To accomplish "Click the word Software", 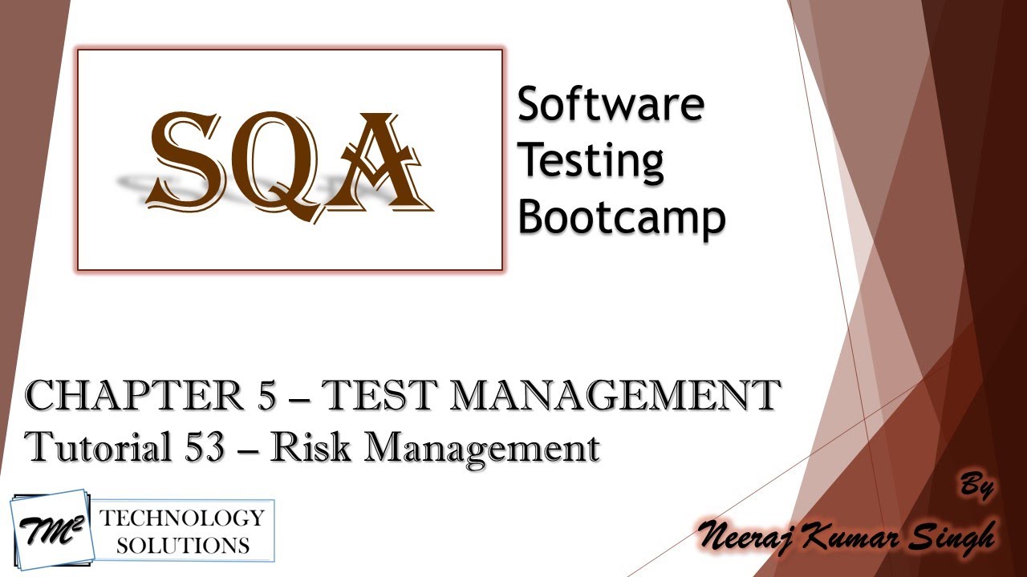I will pos(611,104).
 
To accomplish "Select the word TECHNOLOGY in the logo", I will pos(181,518).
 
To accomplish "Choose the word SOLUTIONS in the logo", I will pos(182,546).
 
